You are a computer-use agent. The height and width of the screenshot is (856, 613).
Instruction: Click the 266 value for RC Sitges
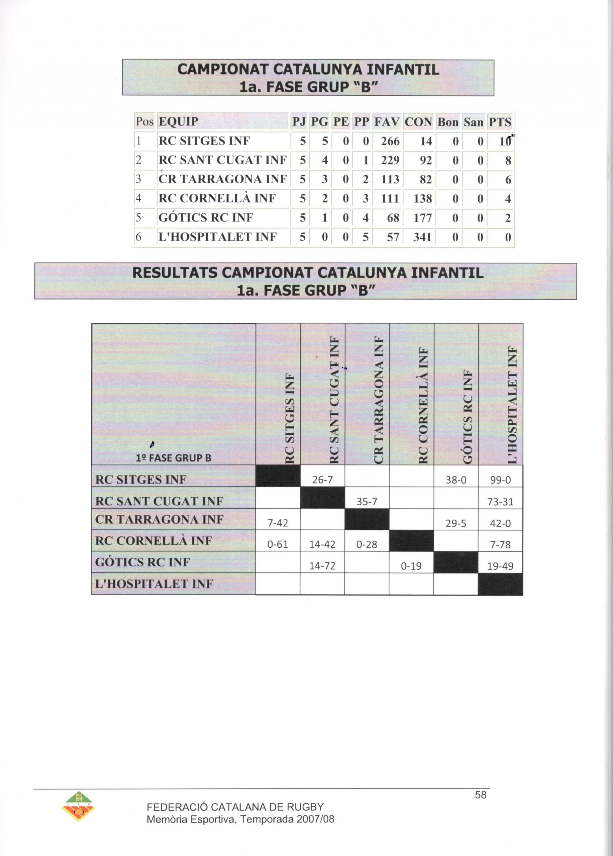click(x=390, y=141)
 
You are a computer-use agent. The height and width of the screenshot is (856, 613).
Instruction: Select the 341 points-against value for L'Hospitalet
click(x=422, y=237)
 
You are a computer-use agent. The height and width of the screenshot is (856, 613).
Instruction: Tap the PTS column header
click(x=500, y=122)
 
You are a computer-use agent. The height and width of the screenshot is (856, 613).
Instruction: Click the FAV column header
click(x=387, y=122)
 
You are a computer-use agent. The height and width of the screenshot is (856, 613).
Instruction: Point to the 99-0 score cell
click(x=500, y=480)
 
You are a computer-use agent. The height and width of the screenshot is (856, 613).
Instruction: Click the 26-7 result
click(x=322, y=480)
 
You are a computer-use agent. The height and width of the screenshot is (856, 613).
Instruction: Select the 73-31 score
click(x=500, y=502)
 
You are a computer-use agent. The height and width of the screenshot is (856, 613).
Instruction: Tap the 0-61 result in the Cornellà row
click(x=278, y=545)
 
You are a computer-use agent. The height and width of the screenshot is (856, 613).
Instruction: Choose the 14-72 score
click(x=322, y=566)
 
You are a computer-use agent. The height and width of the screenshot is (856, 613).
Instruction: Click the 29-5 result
click(x=456, y=523)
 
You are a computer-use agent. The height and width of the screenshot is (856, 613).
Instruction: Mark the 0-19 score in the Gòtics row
click(x=411, y=566)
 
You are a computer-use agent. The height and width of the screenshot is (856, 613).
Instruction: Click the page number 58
click(x=481, y=795)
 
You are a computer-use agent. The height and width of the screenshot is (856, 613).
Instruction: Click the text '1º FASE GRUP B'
click(x=173, y=458)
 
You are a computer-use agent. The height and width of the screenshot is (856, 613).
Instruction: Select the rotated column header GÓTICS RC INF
click(x=468, y=417)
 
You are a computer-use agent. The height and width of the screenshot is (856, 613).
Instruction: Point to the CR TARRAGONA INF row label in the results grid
click(x=160, y=520)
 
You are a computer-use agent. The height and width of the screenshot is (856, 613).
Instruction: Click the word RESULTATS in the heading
click(x=175, y=273)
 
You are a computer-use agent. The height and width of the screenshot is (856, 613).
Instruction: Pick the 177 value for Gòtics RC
click(x=422, y=218)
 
